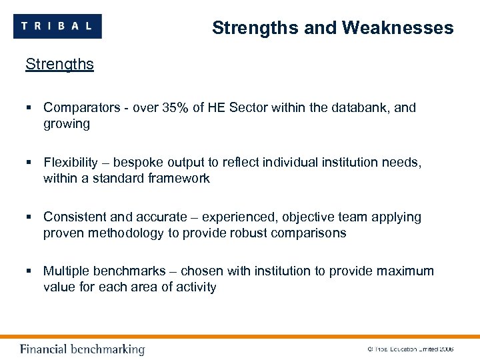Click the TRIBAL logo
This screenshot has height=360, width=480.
point(57,26)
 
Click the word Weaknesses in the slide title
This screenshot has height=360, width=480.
point(397,28)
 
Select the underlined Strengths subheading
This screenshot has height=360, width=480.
point(59,65)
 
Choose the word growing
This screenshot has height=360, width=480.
point(66,124)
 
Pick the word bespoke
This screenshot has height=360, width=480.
point(139,162)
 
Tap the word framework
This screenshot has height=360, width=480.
point(179,179)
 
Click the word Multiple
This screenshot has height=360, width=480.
point(67,271)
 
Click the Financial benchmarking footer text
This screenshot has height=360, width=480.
point(82,349)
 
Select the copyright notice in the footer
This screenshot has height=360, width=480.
point(411,349)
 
